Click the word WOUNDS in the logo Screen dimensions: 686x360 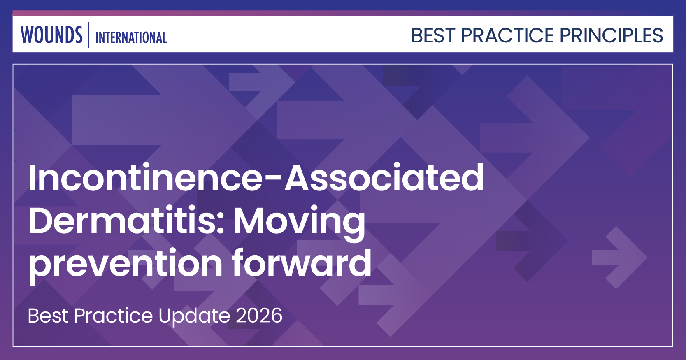pyautogui.click(x=51, y=35)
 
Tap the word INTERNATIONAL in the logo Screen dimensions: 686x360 pyautogui.click(x=131, y=38)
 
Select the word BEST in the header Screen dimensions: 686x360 pyautogui.click(x=433, y=35)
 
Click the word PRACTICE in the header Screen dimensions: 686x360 pyautogui.click(x=507, y=35)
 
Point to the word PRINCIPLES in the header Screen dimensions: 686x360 pyautogui.click(x=612, y=35)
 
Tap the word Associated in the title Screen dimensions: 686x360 pyautogui.click(x=385, y=178)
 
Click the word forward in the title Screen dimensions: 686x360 pyautogui.click(x=302, y=262)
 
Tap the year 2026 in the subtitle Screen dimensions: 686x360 pyautogui.click(x=259, y=316)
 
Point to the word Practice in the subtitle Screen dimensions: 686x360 pyautogui.click(x=114, y=316)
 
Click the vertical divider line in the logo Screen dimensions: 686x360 pyautogui.click(x=89, y=35)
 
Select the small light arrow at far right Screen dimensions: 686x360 pyautogui.click(x=620, y=258)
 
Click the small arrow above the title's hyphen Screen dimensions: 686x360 pyautogui.click(x=262, y=87)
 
